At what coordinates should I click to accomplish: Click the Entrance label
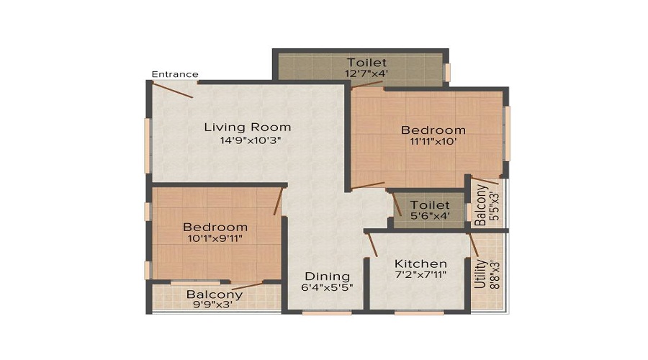pos(175,74)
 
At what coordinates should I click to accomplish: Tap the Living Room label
pos(247,127)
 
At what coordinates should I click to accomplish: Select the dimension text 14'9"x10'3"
pos(249,141)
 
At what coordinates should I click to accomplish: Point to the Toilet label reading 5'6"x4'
pos(430,206)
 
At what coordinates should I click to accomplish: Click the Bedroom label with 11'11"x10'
pos(433,130)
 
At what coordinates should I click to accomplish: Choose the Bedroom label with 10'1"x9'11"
pos(215,227)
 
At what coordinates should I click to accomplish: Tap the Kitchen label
pos(421,264)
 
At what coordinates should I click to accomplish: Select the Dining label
pos(327,276)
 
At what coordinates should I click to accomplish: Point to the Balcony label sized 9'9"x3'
pos(215,294)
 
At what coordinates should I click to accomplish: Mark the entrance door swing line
pos(173,91)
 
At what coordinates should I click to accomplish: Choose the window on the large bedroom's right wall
pos(507,133)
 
